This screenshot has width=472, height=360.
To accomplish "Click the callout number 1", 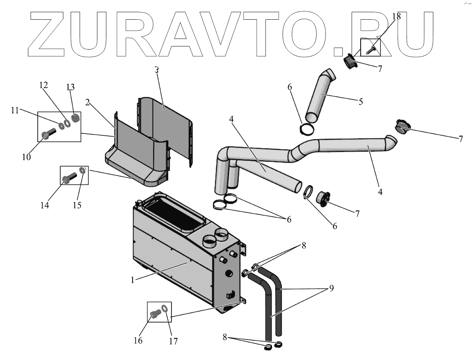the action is point(133,280).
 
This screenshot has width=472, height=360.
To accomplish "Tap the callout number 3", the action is point(157,70).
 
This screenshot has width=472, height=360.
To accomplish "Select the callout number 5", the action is point(360,102).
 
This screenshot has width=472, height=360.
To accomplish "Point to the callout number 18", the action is point(396,16).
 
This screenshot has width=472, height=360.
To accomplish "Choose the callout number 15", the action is point(77,205).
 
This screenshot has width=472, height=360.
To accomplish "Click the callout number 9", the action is point(331,288).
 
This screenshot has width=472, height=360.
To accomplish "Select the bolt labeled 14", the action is point(68,179).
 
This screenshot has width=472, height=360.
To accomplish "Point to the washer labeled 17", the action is point(166,309).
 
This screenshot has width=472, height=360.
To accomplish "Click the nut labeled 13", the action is point(76,118).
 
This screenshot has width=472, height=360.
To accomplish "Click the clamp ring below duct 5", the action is point(307,129).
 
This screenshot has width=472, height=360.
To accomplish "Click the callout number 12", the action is point(43,85).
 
